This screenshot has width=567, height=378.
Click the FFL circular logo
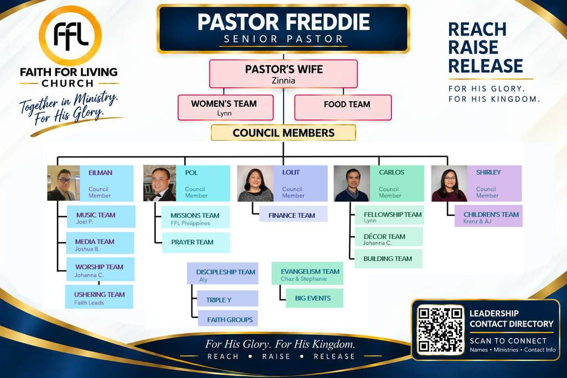click(x=70, y=36)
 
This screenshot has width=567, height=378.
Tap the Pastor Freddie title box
click(x=283, y=29)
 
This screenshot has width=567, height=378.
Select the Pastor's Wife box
click(x=283, y=74)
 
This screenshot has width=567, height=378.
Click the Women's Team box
click(x=225, y=108)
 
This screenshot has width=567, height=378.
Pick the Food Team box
click(x=343, y=108)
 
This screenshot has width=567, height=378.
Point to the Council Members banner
click(x=283, y=133)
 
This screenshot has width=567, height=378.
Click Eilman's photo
click(x=64, y=183)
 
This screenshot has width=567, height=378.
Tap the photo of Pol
click(x=159, y=183)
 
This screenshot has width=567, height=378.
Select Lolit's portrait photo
click(x=255, y=183)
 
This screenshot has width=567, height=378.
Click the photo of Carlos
click(x=352, y=183)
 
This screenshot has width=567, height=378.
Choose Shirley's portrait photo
click(x=450, y=183)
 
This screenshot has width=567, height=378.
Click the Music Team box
click(x=101, y=217)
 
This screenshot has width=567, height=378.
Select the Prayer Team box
click(x=196, y=242)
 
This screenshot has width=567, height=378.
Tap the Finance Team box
click(x=293, y=214)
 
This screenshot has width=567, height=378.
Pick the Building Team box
click(x=388, y=258)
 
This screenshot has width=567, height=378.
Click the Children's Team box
click(x=488, y=216)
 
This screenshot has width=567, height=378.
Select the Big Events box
click(x=315, y=298)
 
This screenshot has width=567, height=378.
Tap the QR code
click(x=440, y=330)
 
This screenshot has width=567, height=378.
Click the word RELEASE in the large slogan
click(x=486, y=66)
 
